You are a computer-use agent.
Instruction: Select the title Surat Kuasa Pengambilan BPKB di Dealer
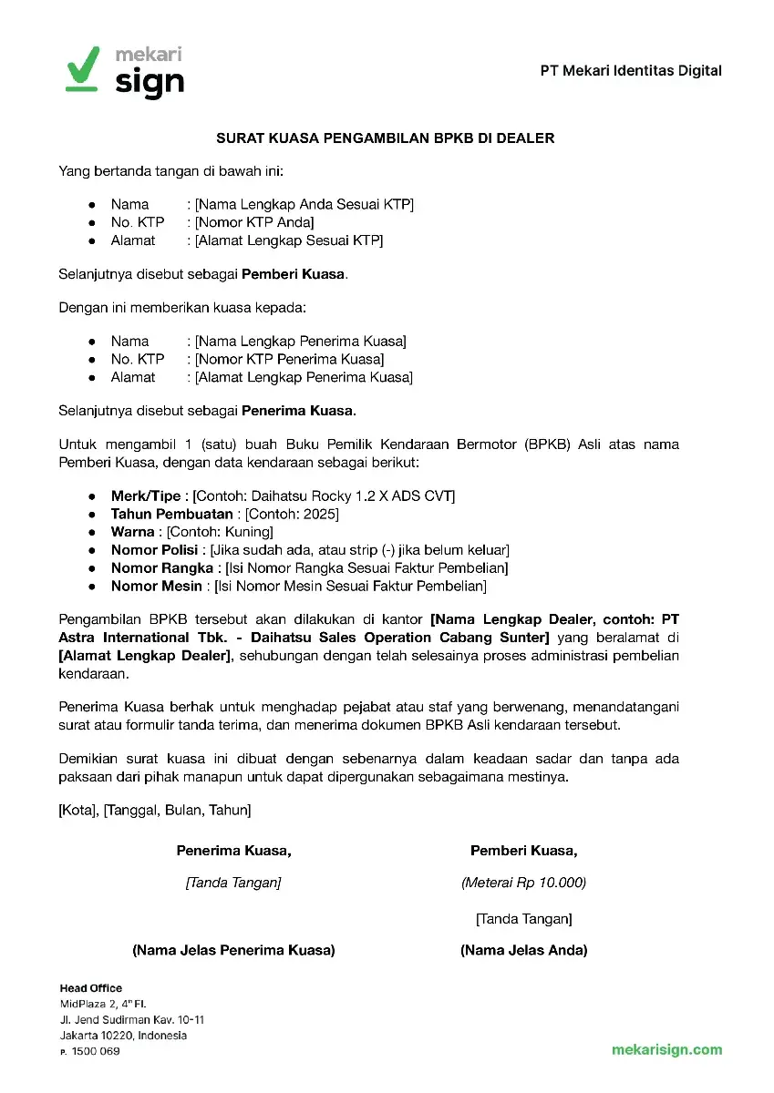[x=386, y=138]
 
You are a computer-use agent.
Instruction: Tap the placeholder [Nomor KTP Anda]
[x=254, y=223]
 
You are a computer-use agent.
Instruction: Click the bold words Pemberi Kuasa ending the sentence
[x=294, y=273]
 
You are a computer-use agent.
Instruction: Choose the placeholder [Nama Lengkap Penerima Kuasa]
[x=301, y=342]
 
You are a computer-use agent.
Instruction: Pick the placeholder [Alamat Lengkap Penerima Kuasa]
[x=304, y=378]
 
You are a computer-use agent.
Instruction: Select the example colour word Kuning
[x=249, y=532]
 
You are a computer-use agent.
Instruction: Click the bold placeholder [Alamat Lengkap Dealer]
[x=144, y=657]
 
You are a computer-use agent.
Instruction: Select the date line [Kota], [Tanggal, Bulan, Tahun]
[x=155, y=809]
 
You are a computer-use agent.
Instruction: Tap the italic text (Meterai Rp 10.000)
[x=523, y=883]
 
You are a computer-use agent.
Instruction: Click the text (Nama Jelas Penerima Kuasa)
[x=233, y=950]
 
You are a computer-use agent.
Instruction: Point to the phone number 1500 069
[x=96, y=1052]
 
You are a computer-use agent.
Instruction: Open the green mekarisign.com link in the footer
[x=667, y=1049]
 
